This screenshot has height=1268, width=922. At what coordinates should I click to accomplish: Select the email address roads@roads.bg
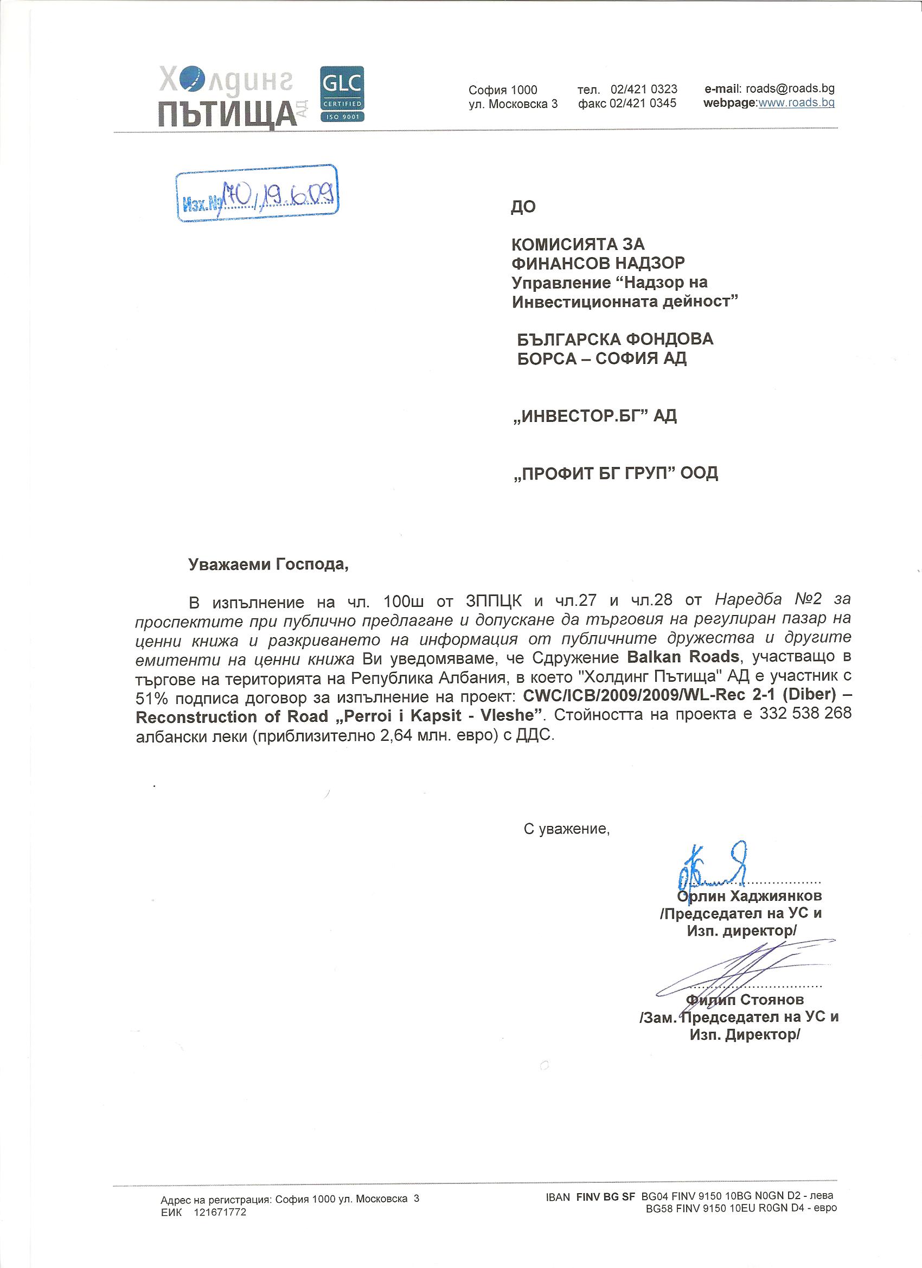point(790,88)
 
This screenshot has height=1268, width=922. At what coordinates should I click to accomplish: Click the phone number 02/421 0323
point(644,89)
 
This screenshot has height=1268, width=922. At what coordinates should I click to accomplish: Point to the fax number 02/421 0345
point(643,103)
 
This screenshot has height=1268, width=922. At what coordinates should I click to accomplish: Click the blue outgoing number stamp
point(258,194)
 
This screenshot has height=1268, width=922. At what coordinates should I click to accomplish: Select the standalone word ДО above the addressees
point(523,207)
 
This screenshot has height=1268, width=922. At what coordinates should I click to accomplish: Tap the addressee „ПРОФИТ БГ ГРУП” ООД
point(615,473)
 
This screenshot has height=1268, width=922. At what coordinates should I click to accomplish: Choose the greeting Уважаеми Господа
point(268,564)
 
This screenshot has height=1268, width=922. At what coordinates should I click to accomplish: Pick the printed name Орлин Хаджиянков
point(750,896)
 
